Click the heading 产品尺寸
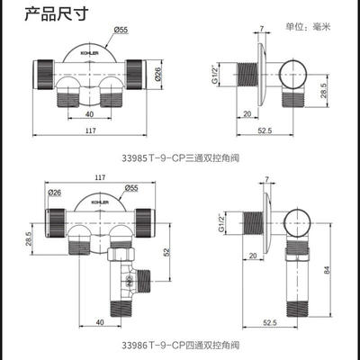(57, 13)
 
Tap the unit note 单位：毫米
(308, 27)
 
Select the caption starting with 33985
(181, 157)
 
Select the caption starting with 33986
(181, 345)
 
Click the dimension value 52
(167, 251)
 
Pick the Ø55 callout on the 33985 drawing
(121, 30)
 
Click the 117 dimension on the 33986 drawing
(100, 177)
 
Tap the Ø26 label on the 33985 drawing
(158, 72)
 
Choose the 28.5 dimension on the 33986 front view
(29, 238)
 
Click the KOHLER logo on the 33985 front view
(89, 53)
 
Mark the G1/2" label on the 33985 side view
(214, 75)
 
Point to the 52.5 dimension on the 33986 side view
(270, 322)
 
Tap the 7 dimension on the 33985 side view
(262, 29)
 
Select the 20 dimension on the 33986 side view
(253, 256)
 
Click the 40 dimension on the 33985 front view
(89, 114)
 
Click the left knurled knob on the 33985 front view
(44, 75)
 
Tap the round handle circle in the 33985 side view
(293, 74)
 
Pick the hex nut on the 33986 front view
(121, 254)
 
